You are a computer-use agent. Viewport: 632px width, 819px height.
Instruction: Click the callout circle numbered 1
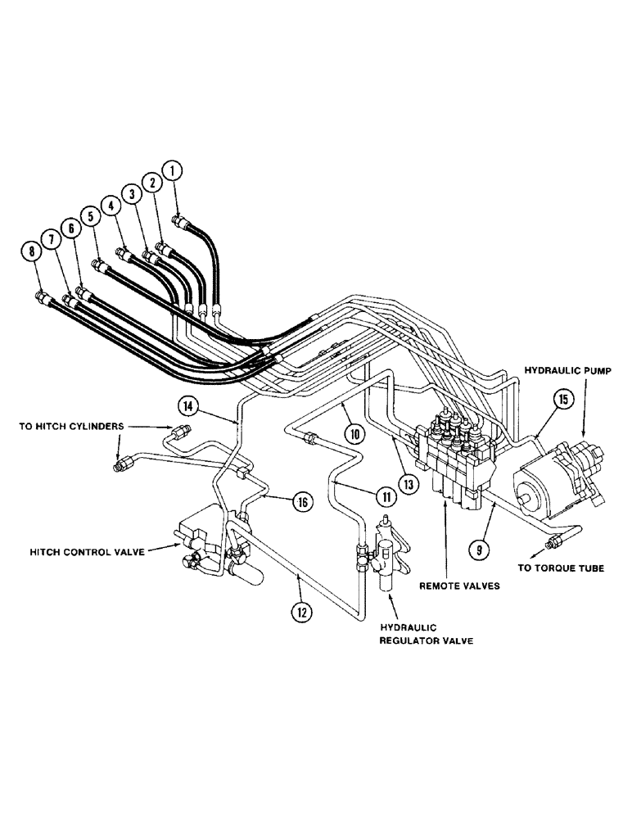coord(172,171)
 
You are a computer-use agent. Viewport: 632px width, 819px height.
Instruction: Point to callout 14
coord(187,404)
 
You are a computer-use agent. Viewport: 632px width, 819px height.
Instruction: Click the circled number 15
coord(562,400)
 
